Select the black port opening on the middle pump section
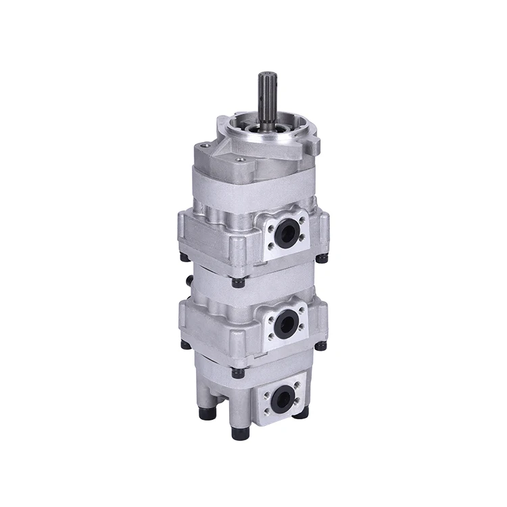[x=286, y=318]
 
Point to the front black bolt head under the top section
[x=237, y=282]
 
